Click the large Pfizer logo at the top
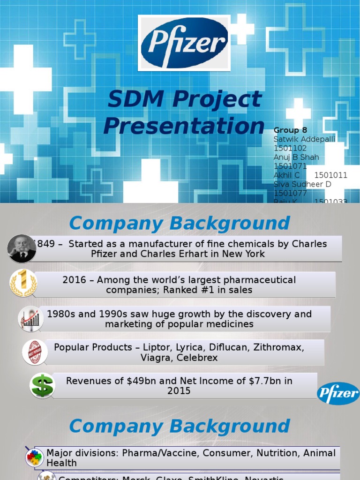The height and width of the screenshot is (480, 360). pos(184,43)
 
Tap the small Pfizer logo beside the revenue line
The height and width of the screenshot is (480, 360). pos(338,393)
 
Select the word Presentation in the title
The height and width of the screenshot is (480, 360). pos(184,126)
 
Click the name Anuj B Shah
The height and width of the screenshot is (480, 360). pos(296,157)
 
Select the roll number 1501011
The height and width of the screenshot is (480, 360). pos(330,175)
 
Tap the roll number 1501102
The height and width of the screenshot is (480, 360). pos(290,148)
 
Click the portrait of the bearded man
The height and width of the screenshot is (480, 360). pos(22,248)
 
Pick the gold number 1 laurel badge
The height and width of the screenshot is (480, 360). pos(23,284)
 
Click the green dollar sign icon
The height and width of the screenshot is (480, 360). pos(42,386)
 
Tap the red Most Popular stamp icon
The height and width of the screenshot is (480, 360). pos(35,352)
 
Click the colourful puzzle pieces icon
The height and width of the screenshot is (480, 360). pos(34,457)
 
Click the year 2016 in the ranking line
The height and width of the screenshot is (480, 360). pos(74,280)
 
